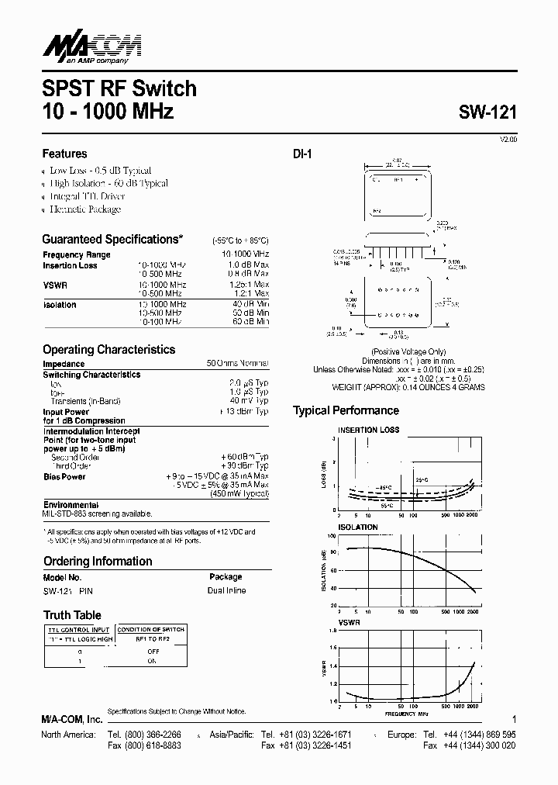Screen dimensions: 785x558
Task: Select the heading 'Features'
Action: tap(64, 154)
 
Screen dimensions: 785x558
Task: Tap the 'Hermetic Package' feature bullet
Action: tap(84, 209)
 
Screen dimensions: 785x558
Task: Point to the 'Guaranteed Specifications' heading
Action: tap(112, 240)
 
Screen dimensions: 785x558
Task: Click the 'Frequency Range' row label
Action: tap(77, 254)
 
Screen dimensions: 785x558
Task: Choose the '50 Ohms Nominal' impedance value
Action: tap(237, 363)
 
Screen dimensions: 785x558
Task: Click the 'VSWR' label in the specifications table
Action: tap(55, 285)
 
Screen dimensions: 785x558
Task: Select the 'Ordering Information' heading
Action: tap(97, 561)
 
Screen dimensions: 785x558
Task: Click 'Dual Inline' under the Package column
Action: tap(226, 591)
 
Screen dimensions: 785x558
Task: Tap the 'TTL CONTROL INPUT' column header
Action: tap(78, 629)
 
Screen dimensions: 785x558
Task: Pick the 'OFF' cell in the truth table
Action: tap(153, 652)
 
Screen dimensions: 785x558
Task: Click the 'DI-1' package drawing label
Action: tap(302, 154)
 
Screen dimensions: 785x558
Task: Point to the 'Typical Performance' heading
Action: tap(346, 410)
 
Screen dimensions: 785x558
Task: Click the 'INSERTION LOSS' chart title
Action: tap(368, 430)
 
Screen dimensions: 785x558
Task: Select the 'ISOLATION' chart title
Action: tap(357, 527)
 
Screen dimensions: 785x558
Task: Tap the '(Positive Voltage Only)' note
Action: tap(409, 352)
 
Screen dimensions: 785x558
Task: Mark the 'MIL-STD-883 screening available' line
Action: tap(98, 514)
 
